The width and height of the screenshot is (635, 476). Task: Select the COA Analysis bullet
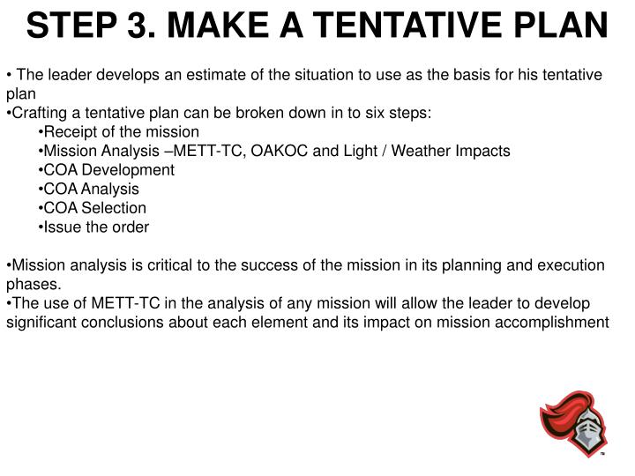[x=92, y=189]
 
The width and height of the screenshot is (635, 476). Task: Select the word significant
[x=40, y=322]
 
